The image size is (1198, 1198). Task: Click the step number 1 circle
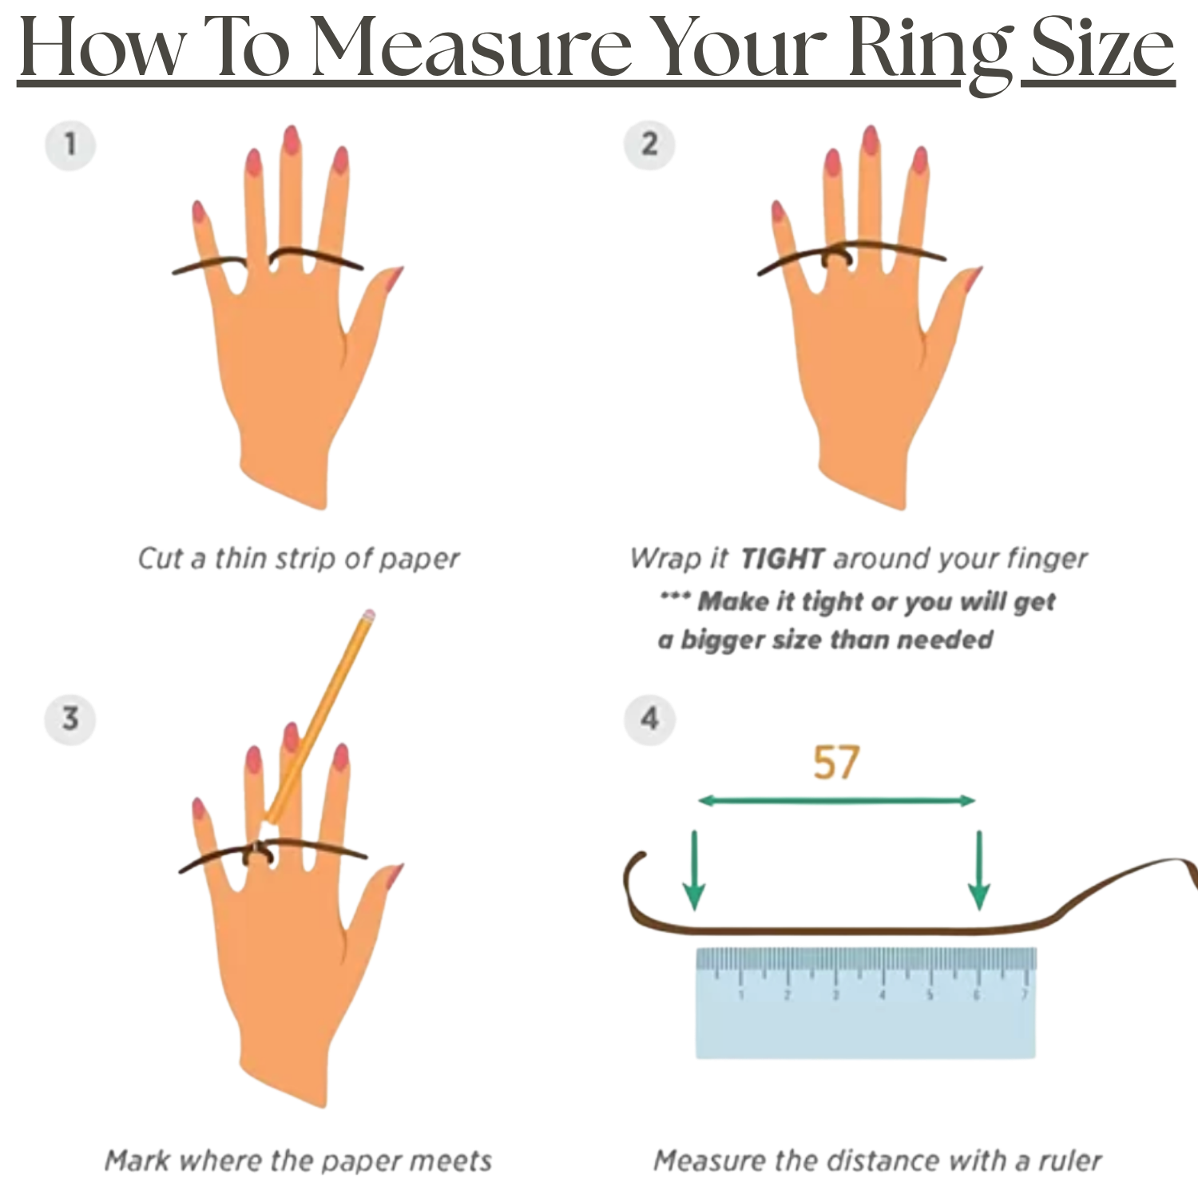click(70, 145)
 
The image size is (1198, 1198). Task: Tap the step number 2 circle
click(649, 145)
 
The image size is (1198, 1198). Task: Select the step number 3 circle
click(70, 718)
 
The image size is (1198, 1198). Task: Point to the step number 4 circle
click(649, 718)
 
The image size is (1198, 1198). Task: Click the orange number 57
click(836, 763)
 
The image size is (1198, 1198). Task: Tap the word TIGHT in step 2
click(782, 558)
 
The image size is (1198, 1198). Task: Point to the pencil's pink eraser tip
click(367, 616)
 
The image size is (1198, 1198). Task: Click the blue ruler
click(866, 1003)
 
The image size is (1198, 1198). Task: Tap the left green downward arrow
click(695, 871)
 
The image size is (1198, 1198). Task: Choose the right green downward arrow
click(979, 871)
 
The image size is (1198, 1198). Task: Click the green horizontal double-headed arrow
click(837, 800)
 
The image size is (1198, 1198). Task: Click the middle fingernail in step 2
click(871, 140)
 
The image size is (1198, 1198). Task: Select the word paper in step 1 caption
click(419, 559)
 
